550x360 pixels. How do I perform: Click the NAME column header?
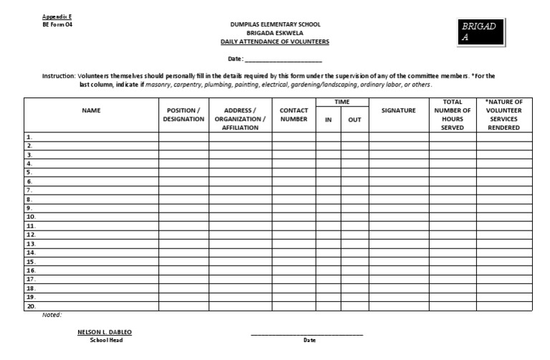pos(91,110)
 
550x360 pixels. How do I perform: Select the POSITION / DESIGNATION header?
pos(183,115)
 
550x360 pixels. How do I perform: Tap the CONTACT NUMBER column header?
pos(294,115)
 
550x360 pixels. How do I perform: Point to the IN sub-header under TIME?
pos(328,120)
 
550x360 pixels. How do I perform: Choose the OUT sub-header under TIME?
pos(354,120)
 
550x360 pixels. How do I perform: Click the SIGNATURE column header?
pos(399,110)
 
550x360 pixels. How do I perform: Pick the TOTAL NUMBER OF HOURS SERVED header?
pos(453,115)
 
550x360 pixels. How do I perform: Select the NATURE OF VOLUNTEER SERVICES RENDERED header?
pos(504,115)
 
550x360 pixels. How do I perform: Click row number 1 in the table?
pos(29,137)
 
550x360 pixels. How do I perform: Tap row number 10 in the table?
pos(31,216)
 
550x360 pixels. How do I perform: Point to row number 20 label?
pos(31,306)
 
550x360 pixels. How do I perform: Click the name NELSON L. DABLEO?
pos(105,332)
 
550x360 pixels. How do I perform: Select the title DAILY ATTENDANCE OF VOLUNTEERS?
pos(274,42)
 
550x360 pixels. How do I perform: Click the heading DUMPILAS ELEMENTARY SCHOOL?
pos(274,25)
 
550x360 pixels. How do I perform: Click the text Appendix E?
pos(58,16)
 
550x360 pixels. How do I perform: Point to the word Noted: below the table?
pos(52,315)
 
